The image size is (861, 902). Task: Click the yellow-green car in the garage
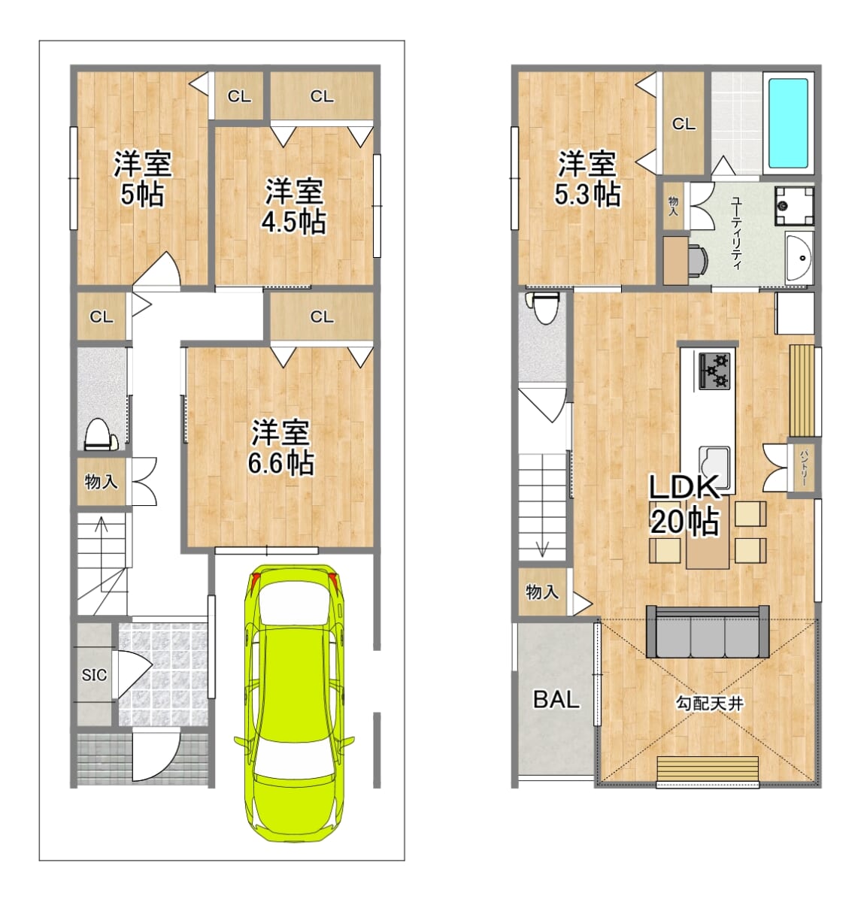(x=294, y=702)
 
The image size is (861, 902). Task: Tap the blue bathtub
(x=788, y=123)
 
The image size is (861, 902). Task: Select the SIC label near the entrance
(x=94, y=675)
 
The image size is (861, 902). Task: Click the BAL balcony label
(x=556, y=699)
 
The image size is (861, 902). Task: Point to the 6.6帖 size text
(x=281, y=463)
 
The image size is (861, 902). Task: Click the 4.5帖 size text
(x=294, y=222)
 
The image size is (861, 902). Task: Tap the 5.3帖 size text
(x=587, y=194)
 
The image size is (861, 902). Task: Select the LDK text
(x=684, y=487)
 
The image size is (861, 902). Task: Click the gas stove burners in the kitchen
(x=714, y=371)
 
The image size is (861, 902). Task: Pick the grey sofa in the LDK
(x=708, y=631)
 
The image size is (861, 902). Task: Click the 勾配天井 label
(x=710, y=704)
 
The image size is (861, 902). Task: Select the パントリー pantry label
(x=804, y=468)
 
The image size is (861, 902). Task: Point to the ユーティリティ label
(x=736, y=233)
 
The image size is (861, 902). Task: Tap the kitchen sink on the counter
(x=714, y=467)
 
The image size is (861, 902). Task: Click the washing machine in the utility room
(x=795, y=206)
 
